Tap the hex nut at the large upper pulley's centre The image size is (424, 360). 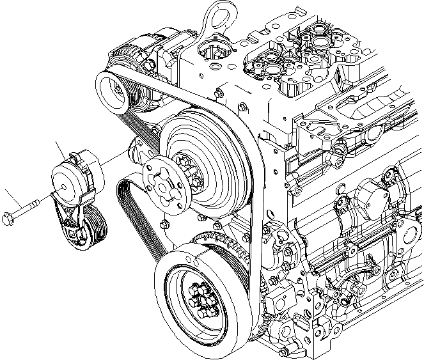(x=185, y=164)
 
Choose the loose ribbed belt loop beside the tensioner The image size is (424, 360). (x=137, y=217)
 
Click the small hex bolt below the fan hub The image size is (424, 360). (x=164, y=224)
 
